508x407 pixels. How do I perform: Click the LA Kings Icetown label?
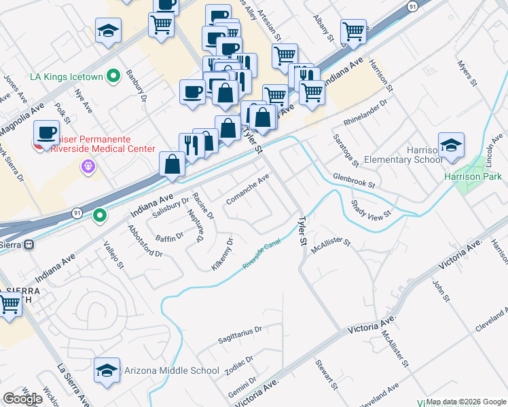pos(66,75)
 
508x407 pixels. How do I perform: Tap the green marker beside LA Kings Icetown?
pos(114,75)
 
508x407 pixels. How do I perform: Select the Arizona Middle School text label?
pos(172,370)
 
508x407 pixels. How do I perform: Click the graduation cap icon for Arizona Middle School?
pos(107,370)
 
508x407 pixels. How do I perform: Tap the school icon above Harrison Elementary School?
pos(450,146)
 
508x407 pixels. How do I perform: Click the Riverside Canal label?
pos(262,256)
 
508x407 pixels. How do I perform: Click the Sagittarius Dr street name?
pos(240,334)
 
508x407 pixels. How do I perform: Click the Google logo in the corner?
pos(22,399)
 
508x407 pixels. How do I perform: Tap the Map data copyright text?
pos(466,402)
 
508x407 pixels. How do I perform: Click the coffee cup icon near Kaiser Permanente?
pos(46,132)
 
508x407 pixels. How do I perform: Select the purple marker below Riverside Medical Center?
pos(86,166)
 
